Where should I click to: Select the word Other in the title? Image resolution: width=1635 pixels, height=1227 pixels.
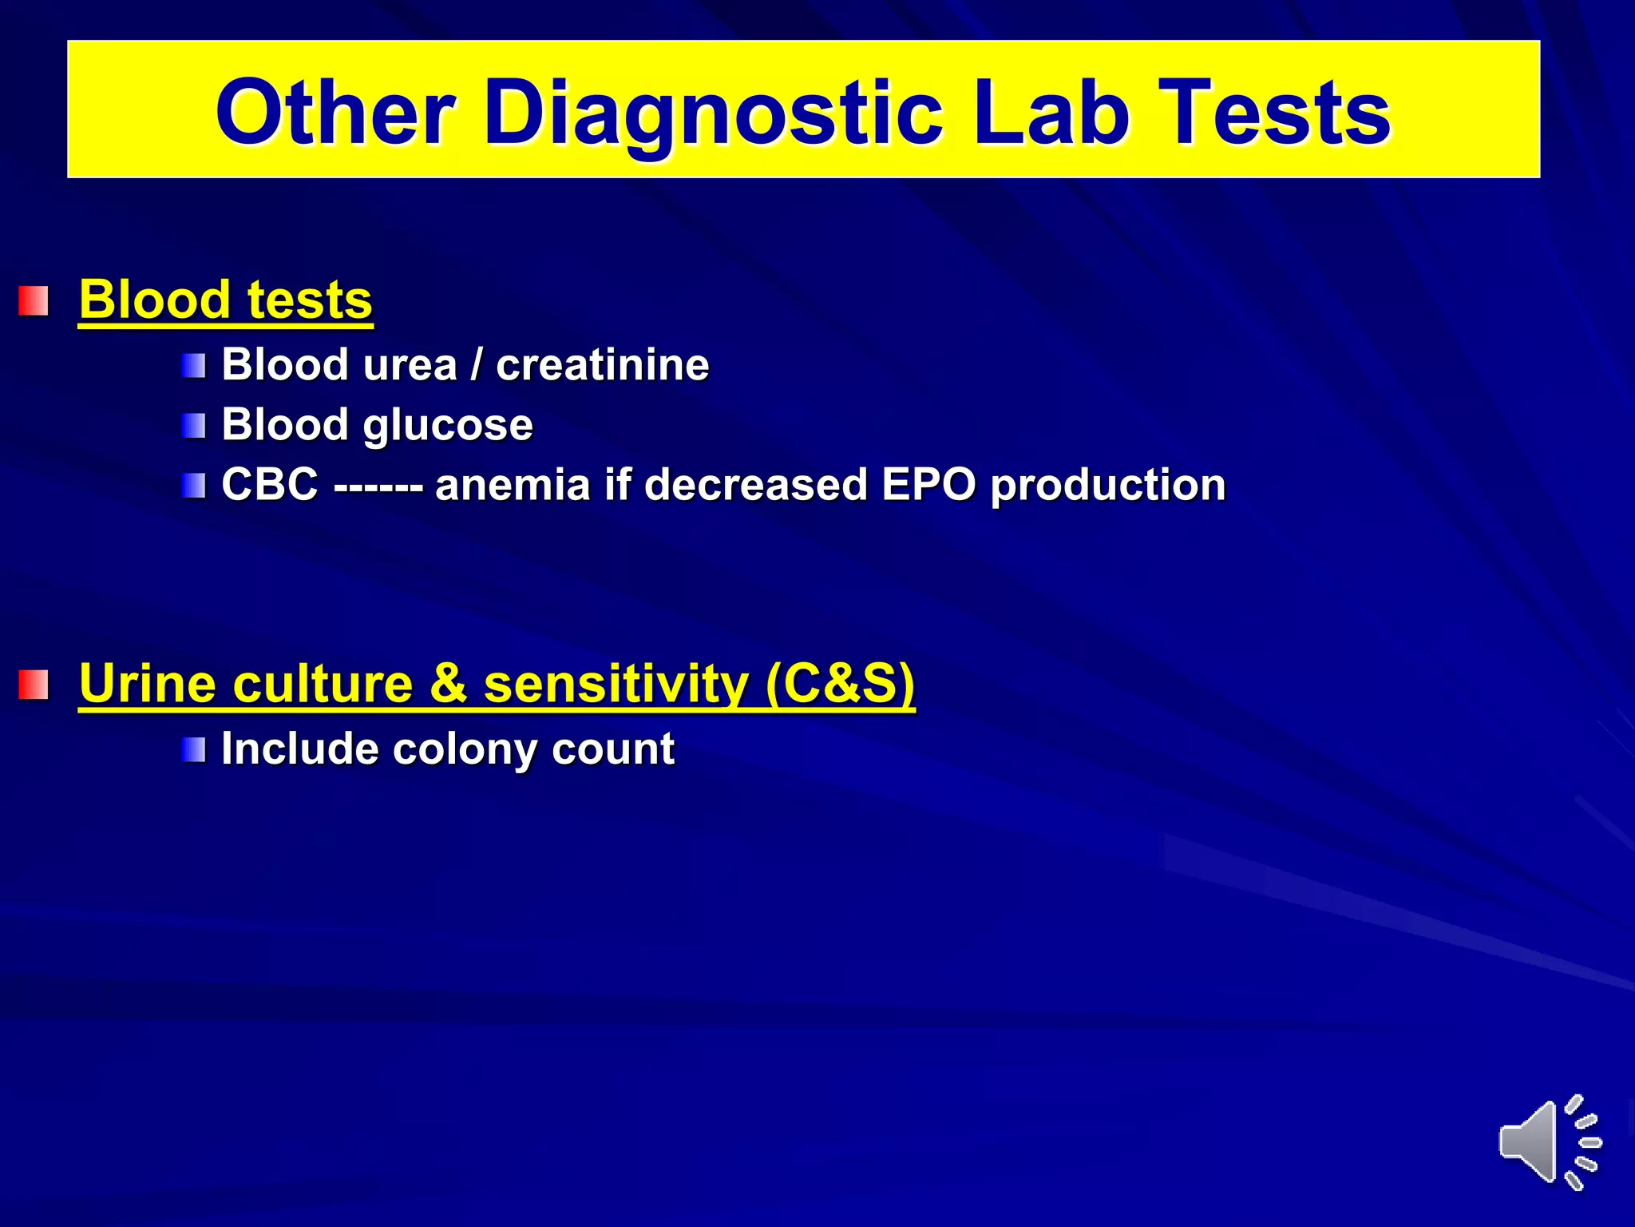pyautogui.click(x=336, y=113)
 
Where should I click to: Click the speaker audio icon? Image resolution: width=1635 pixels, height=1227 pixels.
pyautogui.click(x=1548, y=1142)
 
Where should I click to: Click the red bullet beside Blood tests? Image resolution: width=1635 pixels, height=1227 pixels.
pyautogui.click(x=34, y=301)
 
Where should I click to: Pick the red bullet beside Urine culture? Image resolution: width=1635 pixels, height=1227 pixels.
pyautogui.click(x=34, y=685)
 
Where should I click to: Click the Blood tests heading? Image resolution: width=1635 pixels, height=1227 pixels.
pyautogui.click(x=226, y=300)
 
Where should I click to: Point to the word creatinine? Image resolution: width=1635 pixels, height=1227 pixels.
pyautogui.click(x=602, y=365)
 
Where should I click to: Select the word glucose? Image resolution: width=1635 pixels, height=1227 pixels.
pyautogui.click(x=448, y=425)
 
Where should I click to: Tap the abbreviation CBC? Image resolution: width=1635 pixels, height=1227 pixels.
pyautogui.click(x=270, y=485)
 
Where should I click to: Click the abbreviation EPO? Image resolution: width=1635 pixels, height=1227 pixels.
pyautogui.click(x=928, y=485)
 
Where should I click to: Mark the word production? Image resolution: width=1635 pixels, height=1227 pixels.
pyautogui.click(x=1107, y=485)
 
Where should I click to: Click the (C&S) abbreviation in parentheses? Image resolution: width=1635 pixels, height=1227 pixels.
pyautogui.click(x=840, y=684)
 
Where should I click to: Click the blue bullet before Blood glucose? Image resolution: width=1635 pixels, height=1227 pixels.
pyautogui.click(x=193, y=426)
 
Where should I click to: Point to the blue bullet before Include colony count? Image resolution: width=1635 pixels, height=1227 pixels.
pyautogui.click(x=193, y=749)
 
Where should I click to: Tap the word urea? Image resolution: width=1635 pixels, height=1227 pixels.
pyautogui.click(x=409, y=365)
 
